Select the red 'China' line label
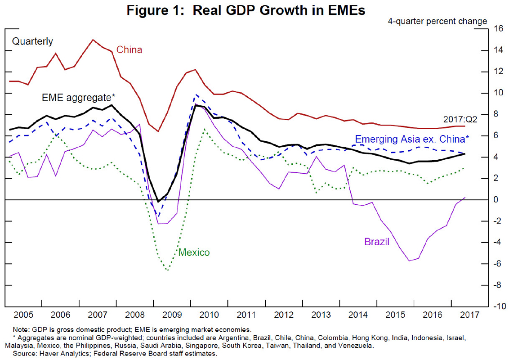129,50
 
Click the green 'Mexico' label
194,252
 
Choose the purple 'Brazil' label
377,242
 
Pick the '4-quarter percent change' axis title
437,21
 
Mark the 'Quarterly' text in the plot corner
32,42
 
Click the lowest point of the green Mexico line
168,270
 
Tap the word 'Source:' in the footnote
24,354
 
